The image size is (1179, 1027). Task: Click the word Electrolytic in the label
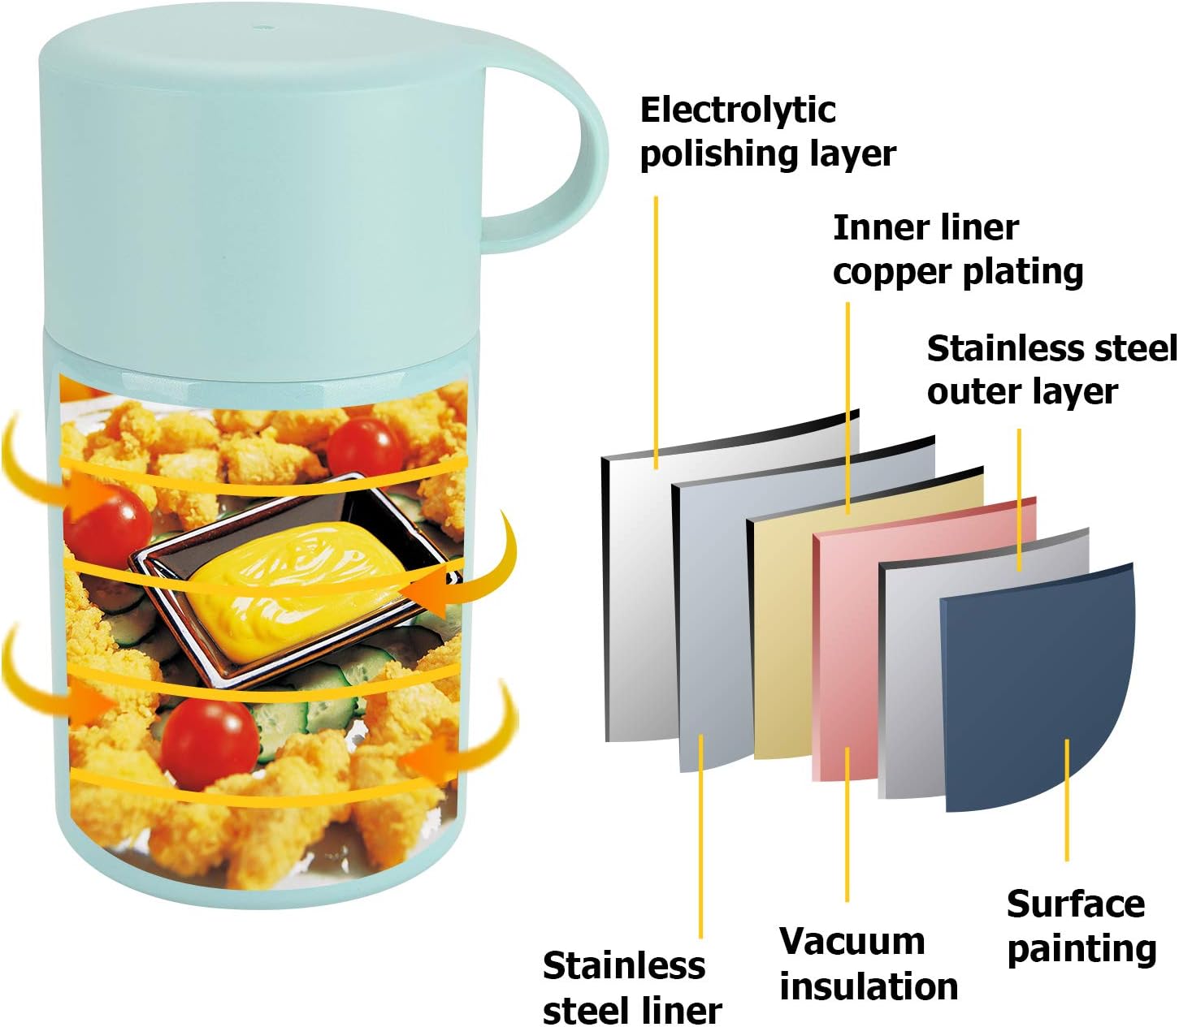tap(738, 111)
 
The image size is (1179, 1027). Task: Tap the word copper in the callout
tap(889, 272)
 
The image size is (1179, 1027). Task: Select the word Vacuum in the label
tap(852, 942)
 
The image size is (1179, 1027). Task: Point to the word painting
tap(1081, 949)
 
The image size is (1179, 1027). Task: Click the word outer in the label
tap(973, 392)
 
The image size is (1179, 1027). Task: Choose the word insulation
tap(869, 986)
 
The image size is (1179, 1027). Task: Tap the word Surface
tap(1075, 904)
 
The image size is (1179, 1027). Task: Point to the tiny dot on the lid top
tap(262, 29)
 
